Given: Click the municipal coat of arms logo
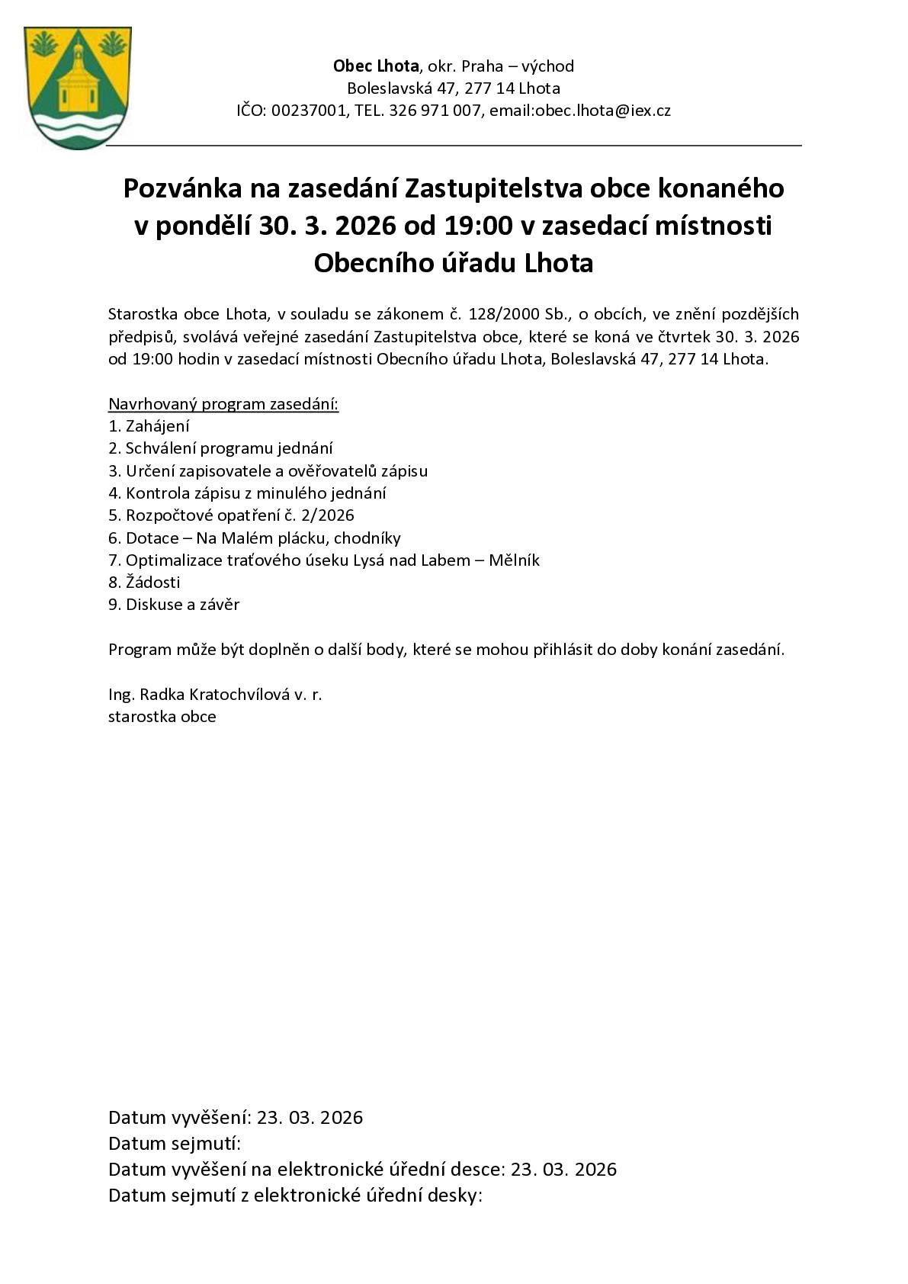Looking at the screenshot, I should [78, 88].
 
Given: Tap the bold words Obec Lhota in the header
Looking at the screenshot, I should [376, 66].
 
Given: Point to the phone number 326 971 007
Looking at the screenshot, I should [435, 111].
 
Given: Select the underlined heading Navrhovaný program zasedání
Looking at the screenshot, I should [223, 404].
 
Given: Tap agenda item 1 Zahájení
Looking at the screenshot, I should [149, 426].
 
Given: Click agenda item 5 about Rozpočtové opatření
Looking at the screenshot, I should [231, 515].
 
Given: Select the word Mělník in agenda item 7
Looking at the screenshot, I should [514, 560].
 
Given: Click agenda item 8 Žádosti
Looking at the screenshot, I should [145, 583].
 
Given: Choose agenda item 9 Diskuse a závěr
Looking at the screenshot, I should [174, 605].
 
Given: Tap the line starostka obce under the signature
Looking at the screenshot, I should [162, 717].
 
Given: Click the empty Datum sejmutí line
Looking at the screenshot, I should [175, 1144].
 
